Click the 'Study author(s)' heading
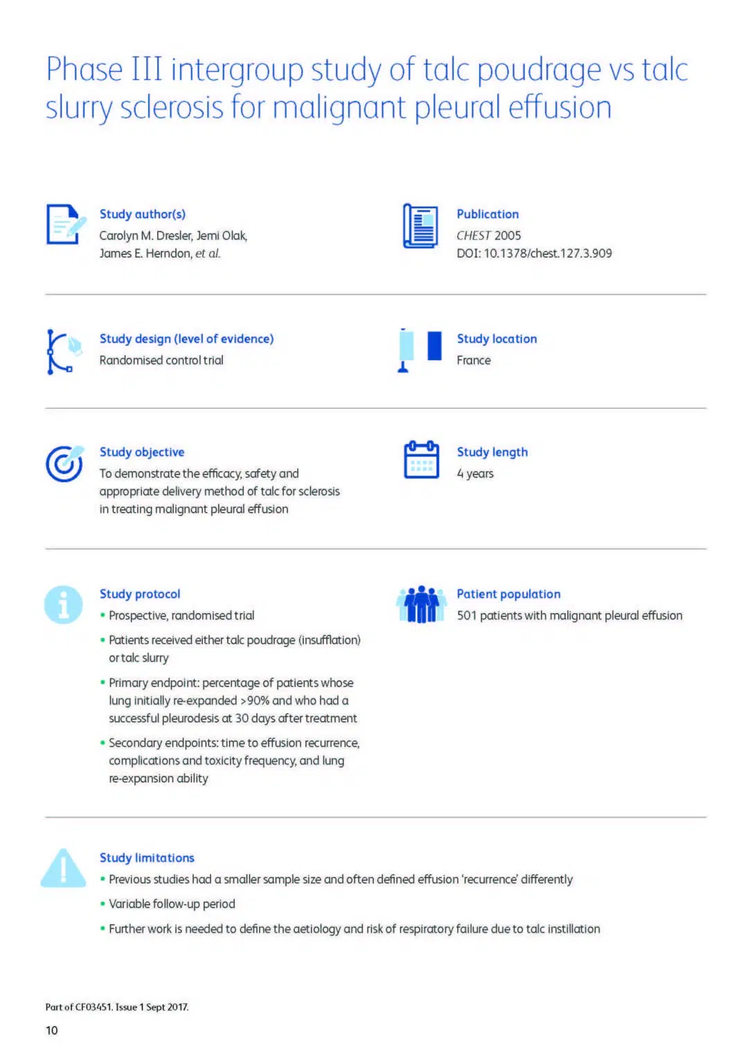click(x=143, y=214)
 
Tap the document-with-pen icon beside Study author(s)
click(x=66, y=224)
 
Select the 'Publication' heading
click(x=487, y=214)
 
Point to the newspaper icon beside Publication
click(x=420, y=226)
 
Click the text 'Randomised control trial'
click(x=161, y=360)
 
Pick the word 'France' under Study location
click(x=474, y=360)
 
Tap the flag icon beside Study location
click(x=420, y=350)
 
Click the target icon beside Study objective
click(x=64, y=463)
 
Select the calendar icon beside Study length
click(x=421, y=460)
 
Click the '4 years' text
click(x=475, y=474)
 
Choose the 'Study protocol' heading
click(x=140, y=594)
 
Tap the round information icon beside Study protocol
click(x=64, y=605)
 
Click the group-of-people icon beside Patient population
click(x=421, y=604)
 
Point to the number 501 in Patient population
click(x=467, y=616)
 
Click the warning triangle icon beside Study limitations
click(x=64, y=868)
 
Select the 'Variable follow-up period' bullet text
click(x=172, y=904)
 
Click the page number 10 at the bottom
click(x=52, y=1031)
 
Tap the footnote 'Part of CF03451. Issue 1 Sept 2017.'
click(x=117, y=1007)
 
